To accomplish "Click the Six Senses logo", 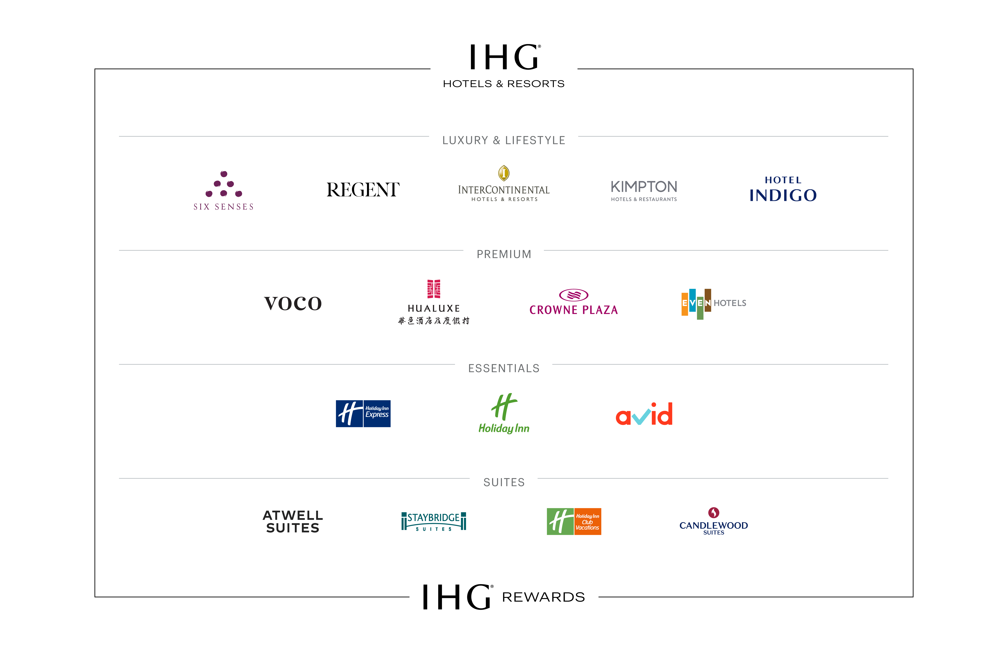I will point(224,190).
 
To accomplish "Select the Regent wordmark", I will point(363,190).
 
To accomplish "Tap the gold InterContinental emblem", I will point(504,173).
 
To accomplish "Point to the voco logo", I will point(293,303).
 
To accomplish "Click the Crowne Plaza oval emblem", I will point(573,295).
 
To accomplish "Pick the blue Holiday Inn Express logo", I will point(363,414).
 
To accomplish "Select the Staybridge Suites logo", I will point(434,521).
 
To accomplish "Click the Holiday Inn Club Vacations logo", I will point(574,521).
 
